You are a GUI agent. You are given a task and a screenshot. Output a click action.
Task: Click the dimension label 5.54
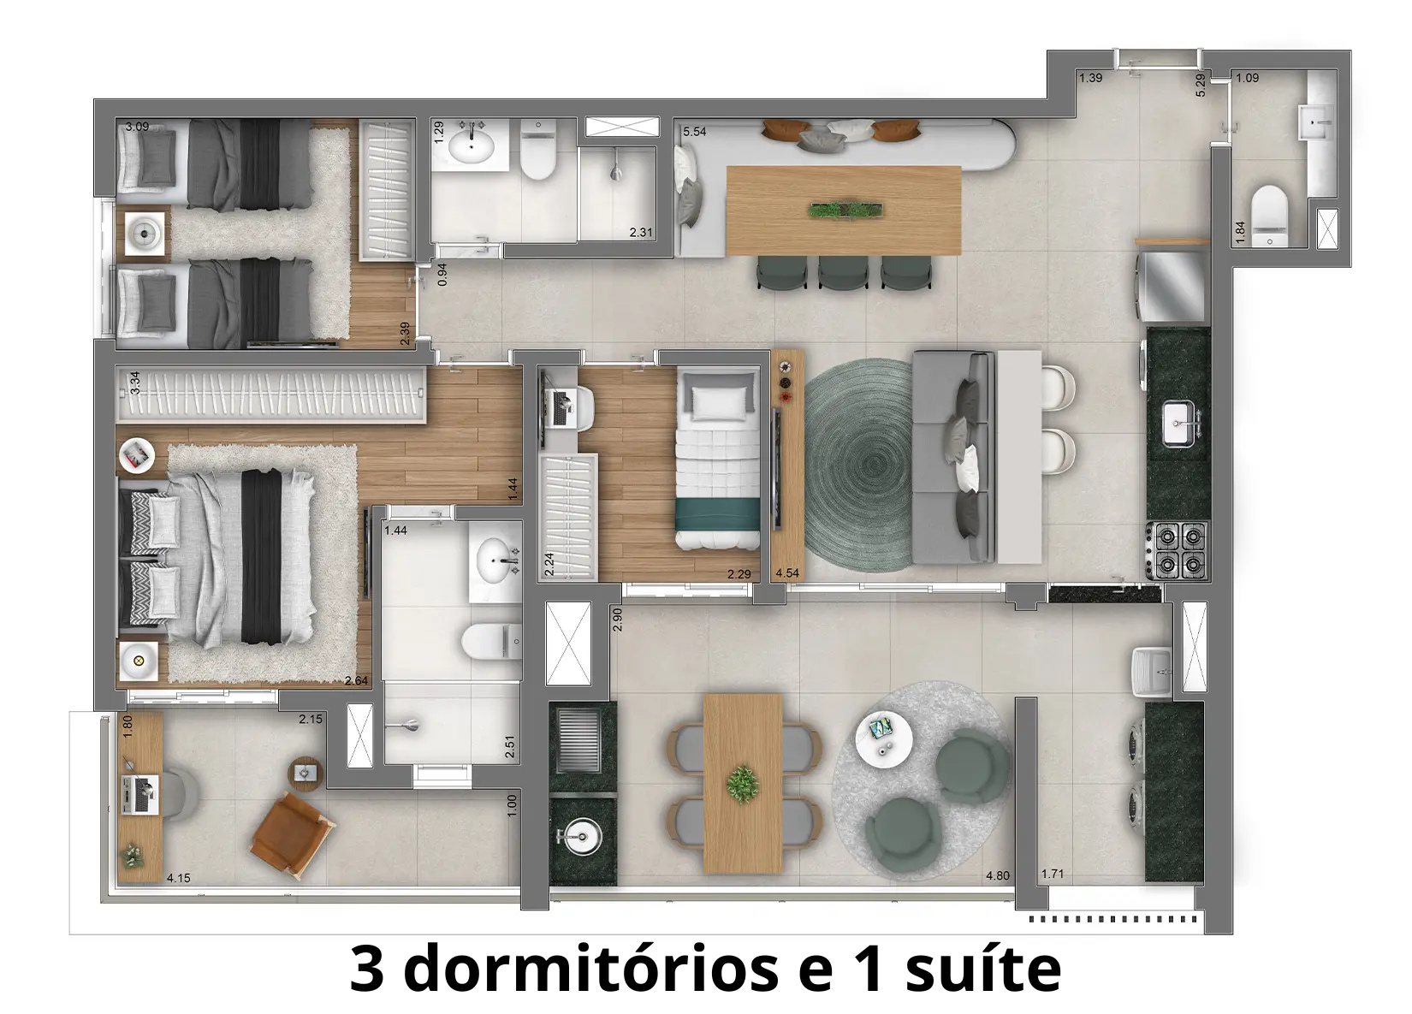[694, 132]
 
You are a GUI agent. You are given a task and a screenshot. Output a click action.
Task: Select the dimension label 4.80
[998, 875]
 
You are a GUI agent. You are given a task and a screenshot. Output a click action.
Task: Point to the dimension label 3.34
[134, 382]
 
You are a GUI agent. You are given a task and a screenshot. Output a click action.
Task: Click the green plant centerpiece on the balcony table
[742, 783]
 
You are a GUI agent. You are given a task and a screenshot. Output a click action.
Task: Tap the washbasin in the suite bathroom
[495, 557]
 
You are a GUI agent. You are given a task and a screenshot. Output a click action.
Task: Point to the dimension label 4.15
[179, 878]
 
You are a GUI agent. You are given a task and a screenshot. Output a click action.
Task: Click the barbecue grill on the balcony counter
[582, 744]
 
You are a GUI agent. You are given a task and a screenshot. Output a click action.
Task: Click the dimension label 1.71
[1052, 874]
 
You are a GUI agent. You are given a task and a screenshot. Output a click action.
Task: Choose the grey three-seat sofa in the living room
[952, 458]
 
